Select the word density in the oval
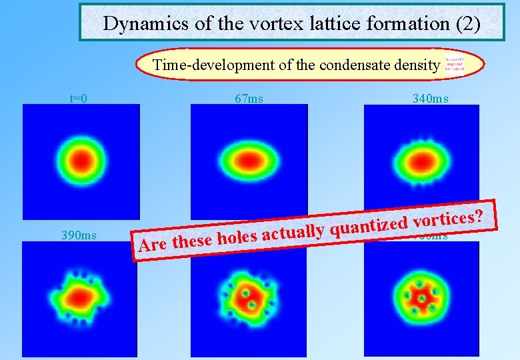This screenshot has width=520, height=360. (x=419, y=65)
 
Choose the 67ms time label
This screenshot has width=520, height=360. (x=249, y=99)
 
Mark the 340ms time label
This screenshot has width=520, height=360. (x=430, y=99)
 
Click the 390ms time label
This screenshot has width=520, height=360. (x=79, y=235)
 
